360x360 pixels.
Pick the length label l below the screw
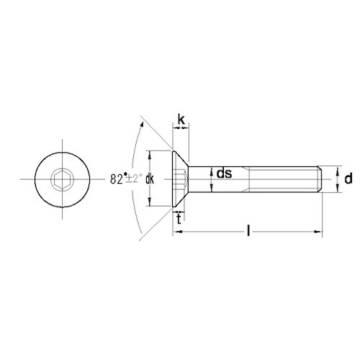(x=248, y=231)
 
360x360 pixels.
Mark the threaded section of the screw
(x=281, y=179)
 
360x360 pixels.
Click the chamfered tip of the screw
(x=319, y=179)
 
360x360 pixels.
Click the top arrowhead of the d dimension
(x=337, y=168)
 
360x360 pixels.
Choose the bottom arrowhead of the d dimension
(x=337, y=190)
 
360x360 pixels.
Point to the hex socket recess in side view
(x=184, y=179)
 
